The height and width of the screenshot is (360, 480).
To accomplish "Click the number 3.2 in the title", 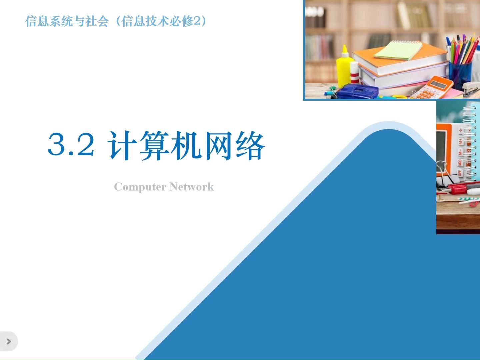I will click(x=71, y=145).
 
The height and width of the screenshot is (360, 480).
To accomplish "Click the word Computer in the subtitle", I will click(x=140, y=187).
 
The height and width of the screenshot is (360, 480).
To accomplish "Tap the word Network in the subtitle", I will click(x=192, y=187).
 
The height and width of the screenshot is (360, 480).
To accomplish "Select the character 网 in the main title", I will click(x=218, y=145).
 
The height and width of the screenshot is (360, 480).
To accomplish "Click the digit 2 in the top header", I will click(x=197, y=21).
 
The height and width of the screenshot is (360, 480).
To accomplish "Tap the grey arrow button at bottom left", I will click(x=9, y=341).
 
